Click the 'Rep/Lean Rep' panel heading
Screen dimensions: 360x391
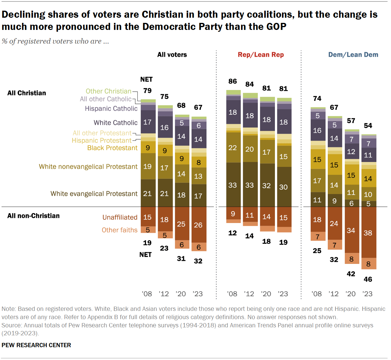click(261, 55)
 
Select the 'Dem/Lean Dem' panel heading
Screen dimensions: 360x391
click(353, 55)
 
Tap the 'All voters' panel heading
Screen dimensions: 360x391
click(172, 55)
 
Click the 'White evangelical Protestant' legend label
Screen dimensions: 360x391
click(94, 194)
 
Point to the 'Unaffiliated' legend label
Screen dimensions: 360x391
click(120, 217)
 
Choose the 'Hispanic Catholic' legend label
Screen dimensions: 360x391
click(111, 109)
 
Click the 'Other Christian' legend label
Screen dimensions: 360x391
click(108, 91)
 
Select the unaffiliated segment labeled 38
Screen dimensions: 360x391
click(368, 233)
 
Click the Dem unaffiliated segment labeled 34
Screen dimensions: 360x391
click(351, 230)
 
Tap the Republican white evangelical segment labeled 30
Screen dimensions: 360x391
click(283, 187)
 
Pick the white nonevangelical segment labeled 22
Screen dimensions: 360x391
click(233, 148)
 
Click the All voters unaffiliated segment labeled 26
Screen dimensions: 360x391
click(198, 225)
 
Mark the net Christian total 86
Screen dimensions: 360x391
click(233, 81)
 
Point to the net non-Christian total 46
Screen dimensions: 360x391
click(368, 279)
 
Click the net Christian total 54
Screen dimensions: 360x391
click(368, 126)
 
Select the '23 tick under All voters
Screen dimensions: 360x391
click(198, 294)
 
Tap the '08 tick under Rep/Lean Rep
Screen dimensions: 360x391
click(232, 294)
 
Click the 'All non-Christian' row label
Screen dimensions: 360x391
click(33, 216)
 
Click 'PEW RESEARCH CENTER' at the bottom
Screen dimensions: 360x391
click(36, 345)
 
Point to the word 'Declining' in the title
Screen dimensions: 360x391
click(23, 14)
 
